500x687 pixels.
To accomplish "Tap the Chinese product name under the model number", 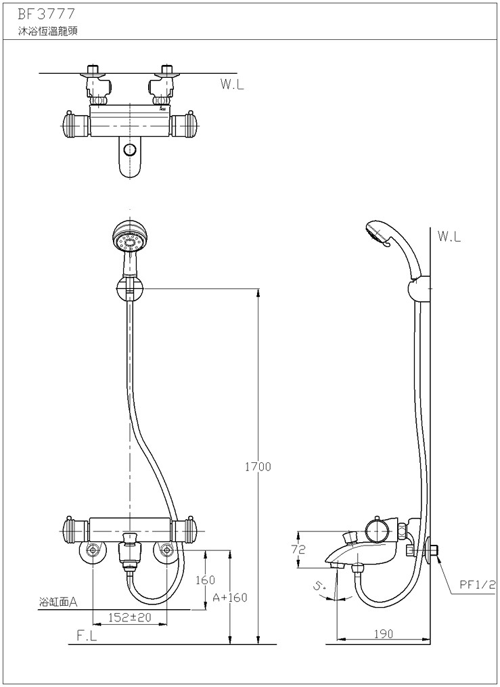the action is pos(48,32).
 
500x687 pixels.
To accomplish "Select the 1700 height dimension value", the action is pos(258,467).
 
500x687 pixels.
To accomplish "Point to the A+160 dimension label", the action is pos(230,598).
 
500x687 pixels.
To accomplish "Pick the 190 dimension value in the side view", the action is pos(384,634).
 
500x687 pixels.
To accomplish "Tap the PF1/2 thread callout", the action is pos(477,584).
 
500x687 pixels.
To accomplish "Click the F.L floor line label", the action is pos(87,637).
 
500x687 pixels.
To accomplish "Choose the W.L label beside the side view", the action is pos(449,237).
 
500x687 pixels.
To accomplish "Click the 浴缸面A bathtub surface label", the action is pos(58,602).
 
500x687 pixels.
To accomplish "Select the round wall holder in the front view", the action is pos(130,289).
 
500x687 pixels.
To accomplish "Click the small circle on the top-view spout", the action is pos(129,150).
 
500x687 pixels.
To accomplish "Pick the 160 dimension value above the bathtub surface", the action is pos(205,580).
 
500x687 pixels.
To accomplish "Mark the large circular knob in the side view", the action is pos(378,531).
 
